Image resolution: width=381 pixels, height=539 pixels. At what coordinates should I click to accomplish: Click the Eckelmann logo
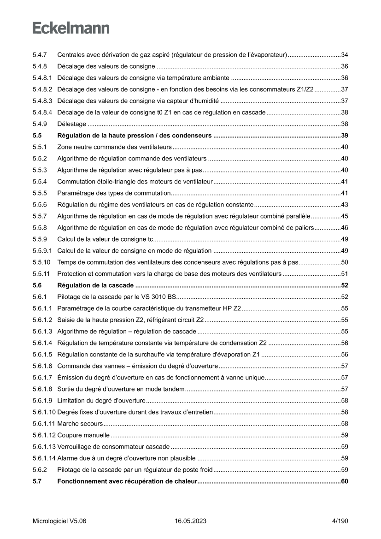coord(71,28)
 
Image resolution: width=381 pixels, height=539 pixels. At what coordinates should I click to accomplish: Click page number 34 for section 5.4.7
coord(344,55)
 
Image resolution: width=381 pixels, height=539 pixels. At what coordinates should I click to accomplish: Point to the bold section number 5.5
coord(37,136)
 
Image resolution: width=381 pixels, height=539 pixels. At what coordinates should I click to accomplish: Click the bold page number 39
coord(344,136)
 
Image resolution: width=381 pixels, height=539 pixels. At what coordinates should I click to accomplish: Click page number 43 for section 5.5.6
coord(344,204)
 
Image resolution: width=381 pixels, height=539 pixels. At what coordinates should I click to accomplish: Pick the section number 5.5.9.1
coord(42,250)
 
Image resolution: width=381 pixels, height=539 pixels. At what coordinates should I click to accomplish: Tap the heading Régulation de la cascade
coord(95,285)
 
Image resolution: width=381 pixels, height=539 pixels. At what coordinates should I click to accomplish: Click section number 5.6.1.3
coord(42,331)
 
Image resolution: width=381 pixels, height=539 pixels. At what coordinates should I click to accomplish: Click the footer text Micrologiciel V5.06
coord(59,521)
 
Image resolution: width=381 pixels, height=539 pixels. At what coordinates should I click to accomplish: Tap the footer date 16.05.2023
coord(190,521)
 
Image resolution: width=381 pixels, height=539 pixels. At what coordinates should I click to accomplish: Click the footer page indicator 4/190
coord(340,521)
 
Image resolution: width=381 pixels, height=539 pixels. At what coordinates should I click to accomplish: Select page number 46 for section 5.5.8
coord(344,227)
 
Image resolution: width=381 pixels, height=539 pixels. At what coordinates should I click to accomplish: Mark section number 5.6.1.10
coord(44,412)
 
